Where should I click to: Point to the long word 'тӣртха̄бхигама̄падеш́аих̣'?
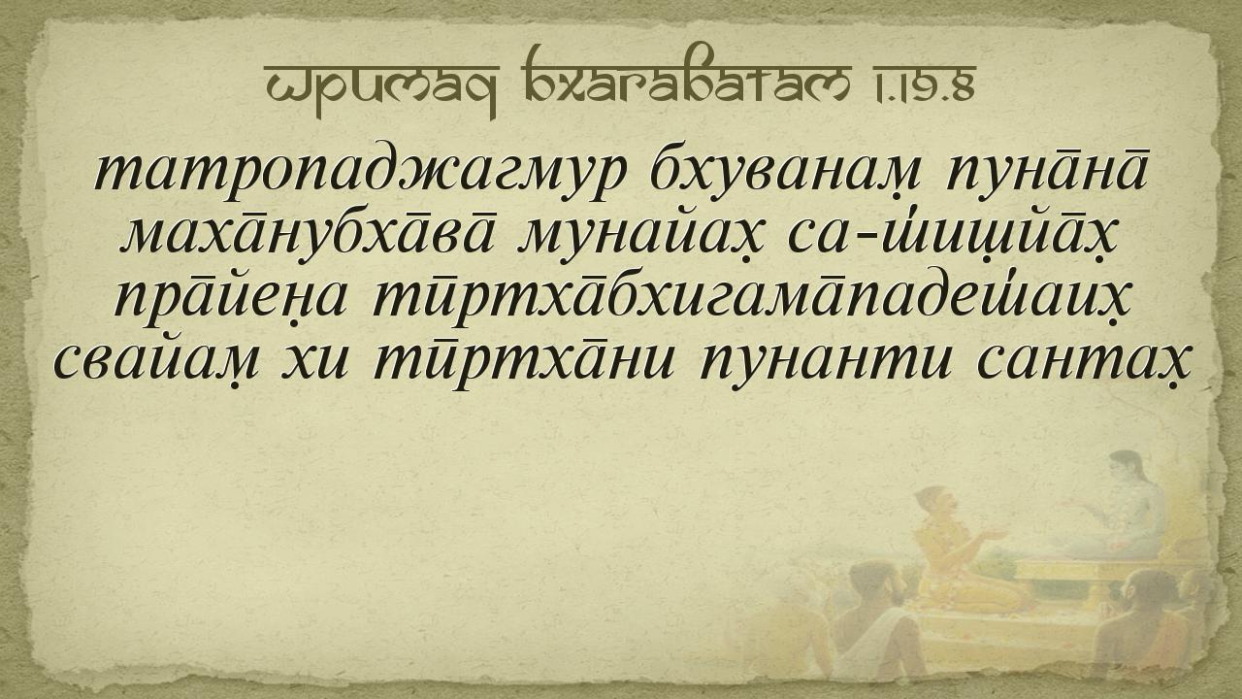tap(750, 297)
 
